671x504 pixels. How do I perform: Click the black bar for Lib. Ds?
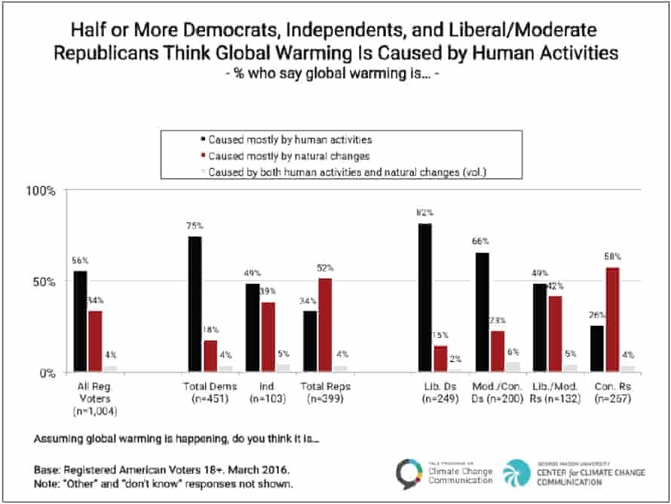426,297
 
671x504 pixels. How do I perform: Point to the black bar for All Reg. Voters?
81,321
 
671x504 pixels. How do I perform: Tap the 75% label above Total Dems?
194,226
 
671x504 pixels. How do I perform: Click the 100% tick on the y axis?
42,192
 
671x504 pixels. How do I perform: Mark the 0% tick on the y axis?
47,373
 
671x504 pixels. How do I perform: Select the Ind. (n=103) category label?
264,392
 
